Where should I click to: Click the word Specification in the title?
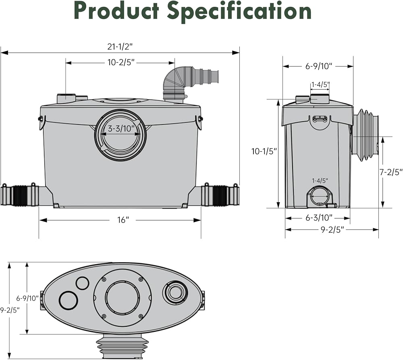click(239, 11)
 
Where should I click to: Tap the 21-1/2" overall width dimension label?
click(120, 47)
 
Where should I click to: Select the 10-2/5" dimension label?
click(121, 62)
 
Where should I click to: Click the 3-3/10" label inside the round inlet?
click(121, 128)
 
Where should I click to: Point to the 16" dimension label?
click(123, 220)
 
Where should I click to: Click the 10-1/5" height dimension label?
click(264, 151)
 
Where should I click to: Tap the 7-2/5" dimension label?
click(391, 172)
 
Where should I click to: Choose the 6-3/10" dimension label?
click(319, 218)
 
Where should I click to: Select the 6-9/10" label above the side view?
click(319, 66)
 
